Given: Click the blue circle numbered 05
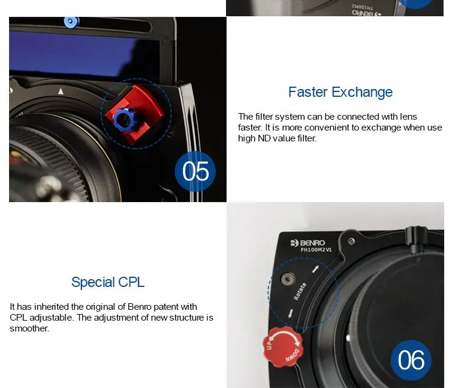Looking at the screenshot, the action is [x=195, y=171].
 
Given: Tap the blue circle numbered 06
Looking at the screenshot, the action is [x=411, y=360].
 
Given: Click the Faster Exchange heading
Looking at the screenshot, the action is [x=341, y=92].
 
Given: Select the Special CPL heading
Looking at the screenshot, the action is [x=108, y=282].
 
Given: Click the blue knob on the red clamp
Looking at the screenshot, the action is [x=125, y=119].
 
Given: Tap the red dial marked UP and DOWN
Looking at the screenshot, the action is [x=283, y=346].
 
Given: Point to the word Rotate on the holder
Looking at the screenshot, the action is [x=300, y=291].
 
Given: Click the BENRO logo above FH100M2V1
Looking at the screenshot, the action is [x=307, y=243].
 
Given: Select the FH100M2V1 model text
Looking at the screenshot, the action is [x=316, y=250].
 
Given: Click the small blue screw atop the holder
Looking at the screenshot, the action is [x=71, y=22].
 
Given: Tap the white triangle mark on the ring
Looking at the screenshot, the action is [x=60, y=91].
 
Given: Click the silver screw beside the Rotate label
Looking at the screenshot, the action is [x=287, y=279].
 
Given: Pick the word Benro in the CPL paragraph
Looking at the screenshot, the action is [x=139, y=307].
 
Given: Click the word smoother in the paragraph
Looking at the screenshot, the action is [x=30, y=328].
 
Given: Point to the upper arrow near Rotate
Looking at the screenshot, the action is [x=316, y=269].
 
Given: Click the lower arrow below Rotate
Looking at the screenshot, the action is [x=290, y=313].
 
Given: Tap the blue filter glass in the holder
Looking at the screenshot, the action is [x=78, y=55].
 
